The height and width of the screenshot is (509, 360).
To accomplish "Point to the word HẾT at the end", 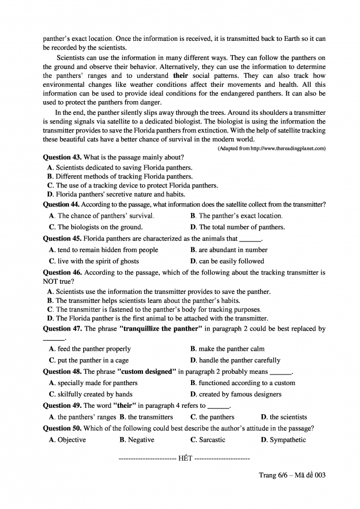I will (185, 458).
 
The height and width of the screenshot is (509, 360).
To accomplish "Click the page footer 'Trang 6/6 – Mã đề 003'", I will (292, 475).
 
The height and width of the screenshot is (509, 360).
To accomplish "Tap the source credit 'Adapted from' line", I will (271, 148).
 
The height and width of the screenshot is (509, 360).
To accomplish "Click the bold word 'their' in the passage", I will (181, 76).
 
